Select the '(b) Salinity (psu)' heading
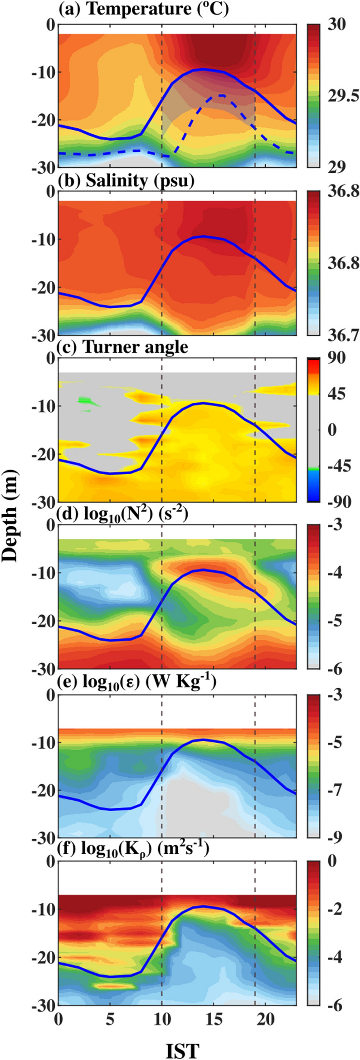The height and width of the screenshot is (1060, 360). point(126,180)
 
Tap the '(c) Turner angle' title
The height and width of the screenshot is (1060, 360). point(123,347)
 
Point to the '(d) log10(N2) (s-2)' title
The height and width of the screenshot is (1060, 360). point(123,514)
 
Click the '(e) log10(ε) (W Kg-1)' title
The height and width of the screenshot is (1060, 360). point(137,681)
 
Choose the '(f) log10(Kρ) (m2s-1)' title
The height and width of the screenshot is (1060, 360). point(134,849)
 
